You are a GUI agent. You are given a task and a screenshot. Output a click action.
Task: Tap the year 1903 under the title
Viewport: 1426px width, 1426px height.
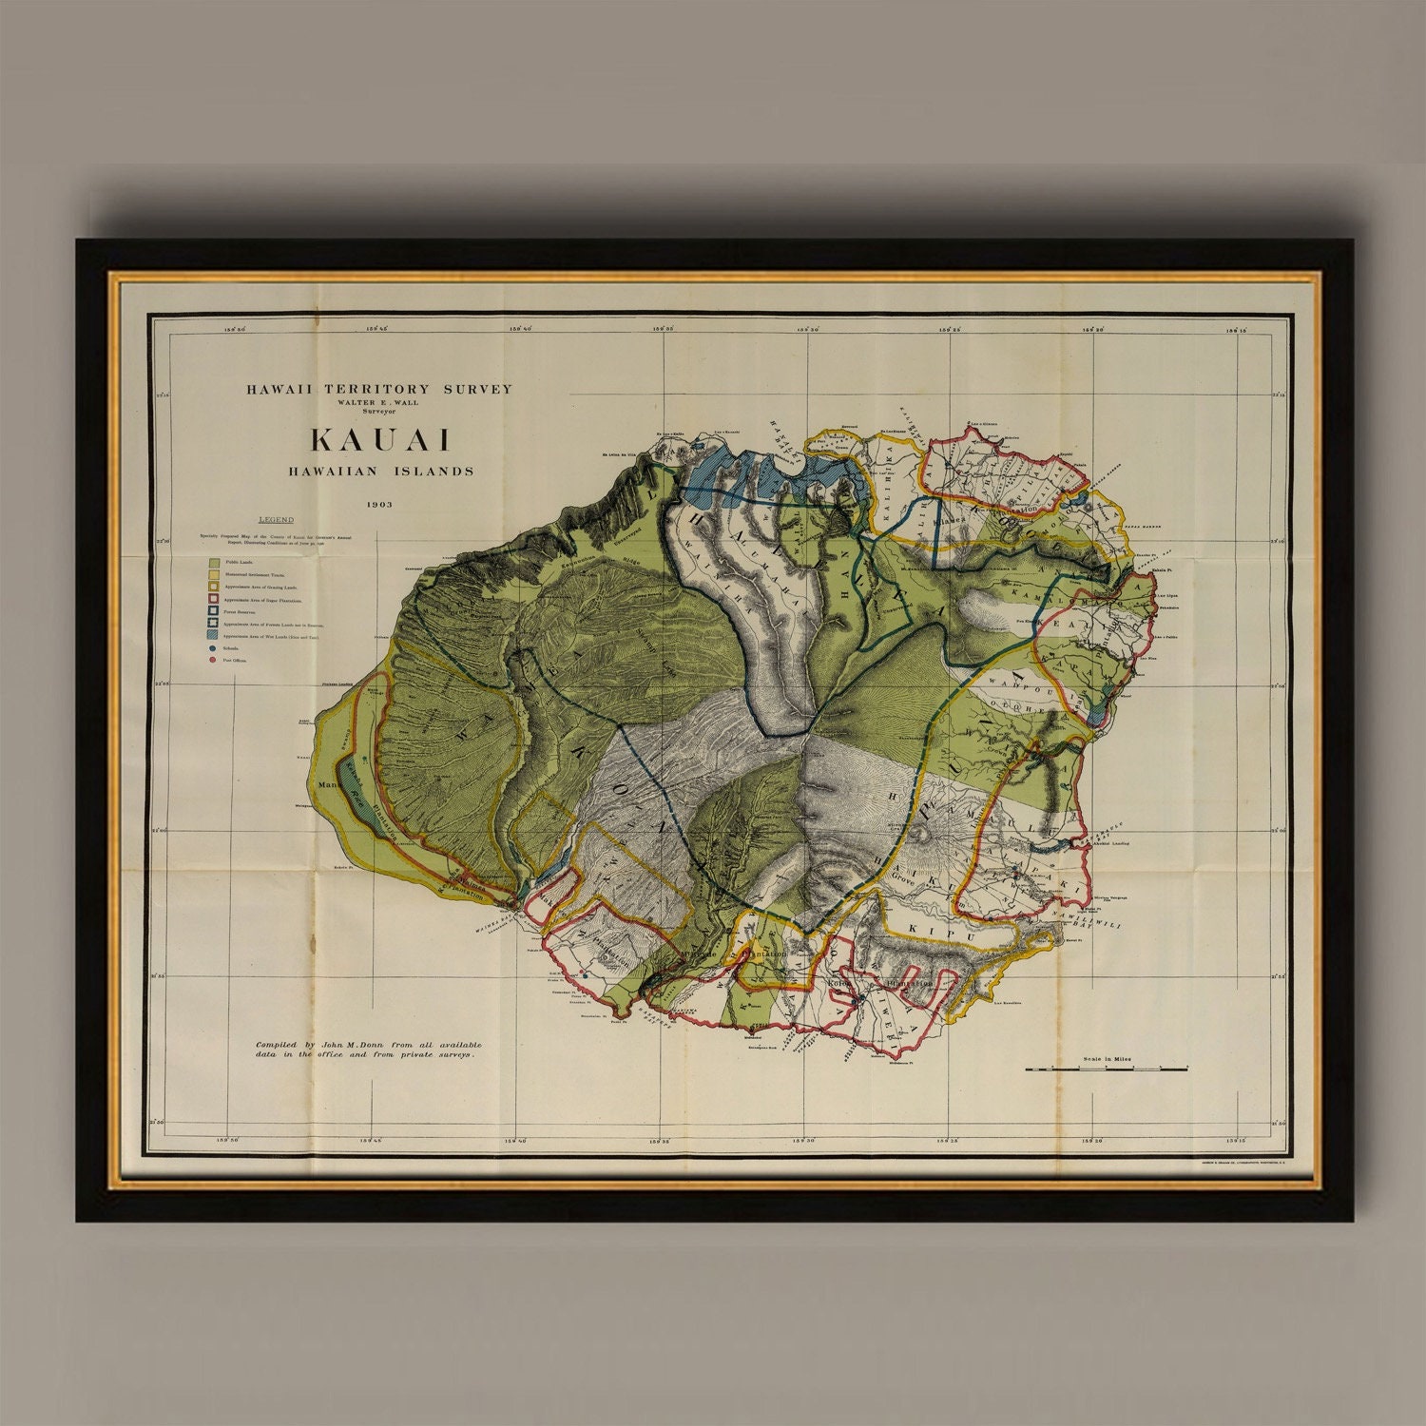pyautogui.click(x=377, y=504)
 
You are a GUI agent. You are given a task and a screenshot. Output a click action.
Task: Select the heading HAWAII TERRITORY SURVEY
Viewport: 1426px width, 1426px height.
pyautogui.click(x=379, y=389)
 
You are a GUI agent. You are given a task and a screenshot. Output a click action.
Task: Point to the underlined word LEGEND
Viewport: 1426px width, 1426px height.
pyautogui.click(x=277, y=520)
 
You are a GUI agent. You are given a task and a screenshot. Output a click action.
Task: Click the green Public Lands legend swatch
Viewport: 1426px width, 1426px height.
pyautogui.click(x=214, y=563)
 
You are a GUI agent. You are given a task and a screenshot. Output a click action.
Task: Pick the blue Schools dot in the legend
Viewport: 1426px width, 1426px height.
pyautogui.click(x=213, y=647)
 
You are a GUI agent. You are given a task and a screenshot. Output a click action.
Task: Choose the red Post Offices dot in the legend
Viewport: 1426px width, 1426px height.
pyautogui.click(x=213, y=659)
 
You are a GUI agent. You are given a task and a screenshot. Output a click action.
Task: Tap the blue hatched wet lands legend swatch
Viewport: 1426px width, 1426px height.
pyautogui.click(x=214, y=635)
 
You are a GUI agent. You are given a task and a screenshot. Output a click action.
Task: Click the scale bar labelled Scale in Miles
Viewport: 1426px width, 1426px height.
pyautogui.click(x=1107, y=1069)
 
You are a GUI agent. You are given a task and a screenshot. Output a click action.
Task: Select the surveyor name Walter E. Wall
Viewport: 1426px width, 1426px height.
pyautogui.click(x=379, y=402)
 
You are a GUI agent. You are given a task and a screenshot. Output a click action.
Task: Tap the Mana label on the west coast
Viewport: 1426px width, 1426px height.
pyautogui.click(x=330, y=785)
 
